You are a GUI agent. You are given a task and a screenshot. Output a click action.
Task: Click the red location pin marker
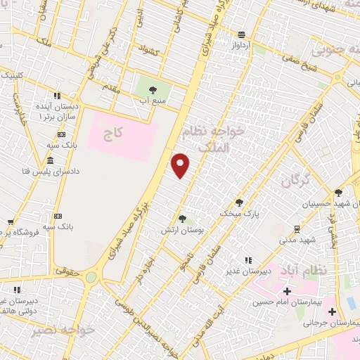tap(181, 165)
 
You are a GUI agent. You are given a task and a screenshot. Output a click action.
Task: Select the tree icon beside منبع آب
tap(153, 89)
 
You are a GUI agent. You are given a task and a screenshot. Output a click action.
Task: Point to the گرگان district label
tap(296, 180)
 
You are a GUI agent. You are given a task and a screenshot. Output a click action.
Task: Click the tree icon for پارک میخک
tap(239, 202)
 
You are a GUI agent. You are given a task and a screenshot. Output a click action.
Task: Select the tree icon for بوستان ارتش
tap(182, 219)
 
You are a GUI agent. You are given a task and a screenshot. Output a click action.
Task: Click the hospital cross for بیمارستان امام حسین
tap(287, 291)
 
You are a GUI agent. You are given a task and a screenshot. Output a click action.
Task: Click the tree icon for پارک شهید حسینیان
tap(338, 192)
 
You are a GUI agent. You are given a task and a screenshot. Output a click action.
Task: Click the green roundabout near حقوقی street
tap(91, 276)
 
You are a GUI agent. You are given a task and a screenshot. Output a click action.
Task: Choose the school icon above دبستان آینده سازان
tap(56, 95)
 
